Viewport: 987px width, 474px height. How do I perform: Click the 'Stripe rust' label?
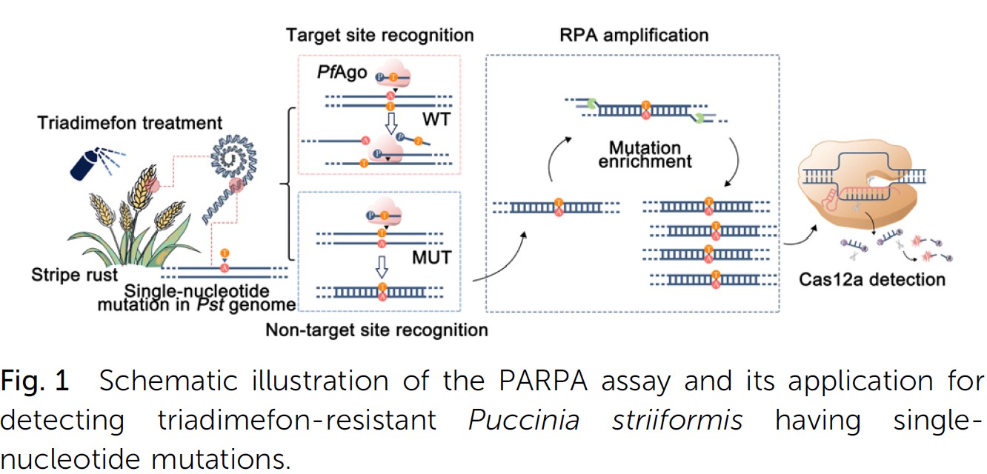[74, 276]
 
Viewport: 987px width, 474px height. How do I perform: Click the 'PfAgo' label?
[342, 73]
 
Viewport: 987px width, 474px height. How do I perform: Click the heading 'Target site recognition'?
[380, 35]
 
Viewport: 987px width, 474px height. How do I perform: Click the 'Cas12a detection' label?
[871, 279]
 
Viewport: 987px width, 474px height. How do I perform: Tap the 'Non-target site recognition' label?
[376, 329]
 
